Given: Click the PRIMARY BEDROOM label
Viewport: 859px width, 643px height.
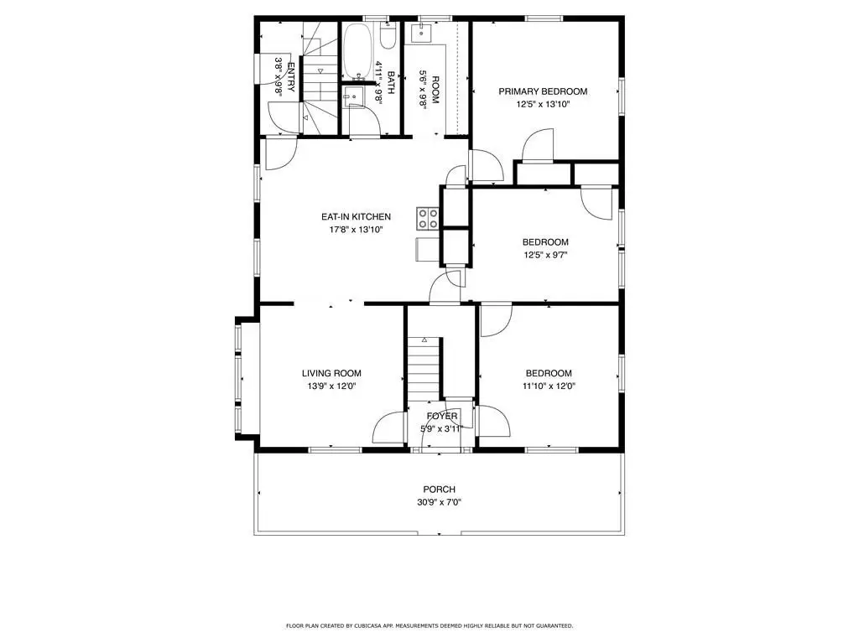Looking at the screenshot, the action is pos(543,91).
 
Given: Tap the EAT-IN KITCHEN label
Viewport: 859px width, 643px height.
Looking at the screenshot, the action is pos(356,216).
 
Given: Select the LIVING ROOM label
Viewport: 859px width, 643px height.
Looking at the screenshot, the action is pos(331,374).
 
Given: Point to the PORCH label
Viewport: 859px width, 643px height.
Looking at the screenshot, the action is pos(440,489).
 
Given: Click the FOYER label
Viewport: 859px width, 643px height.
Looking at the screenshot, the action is pos(442,417).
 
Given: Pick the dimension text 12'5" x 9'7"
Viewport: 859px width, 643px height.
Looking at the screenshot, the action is pos(545,255).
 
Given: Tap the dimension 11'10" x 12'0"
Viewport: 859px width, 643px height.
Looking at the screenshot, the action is pos(549,386).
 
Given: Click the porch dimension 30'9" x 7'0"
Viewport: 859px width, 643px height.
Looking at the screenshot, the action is pos(440,502).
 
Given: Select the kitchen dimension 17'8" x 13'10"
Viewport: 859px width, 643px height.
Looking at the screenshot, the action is pos(356,230).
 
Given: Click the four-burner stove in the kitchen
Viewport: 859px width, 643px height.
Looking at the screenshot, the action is pos(427,218).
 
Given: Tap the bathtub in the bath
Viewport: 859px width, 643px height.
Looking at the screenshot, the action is pos(357,51).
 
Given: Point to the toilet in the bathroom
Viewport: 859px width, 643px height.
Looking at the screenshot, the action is pos(388,36).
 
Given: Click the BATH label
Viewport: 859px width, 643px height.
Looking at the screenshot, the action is pos(391,82).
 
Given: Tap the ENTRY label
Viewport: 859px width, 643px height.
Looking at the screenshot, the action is pos(291,77).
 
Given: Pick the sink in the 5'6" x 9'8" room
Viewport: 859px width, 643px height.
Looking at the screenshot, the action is pos(423,33).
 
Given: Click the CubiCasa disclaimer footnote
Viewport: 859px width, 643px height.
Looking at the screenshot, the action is pos(429,625).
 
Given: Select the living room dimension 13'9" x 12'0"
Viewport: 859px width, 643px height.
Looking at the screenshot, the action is pos(331,386).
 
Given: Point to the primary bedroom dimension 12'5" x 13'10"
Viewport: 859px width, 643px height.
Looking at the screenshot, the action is pos(543,104).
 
